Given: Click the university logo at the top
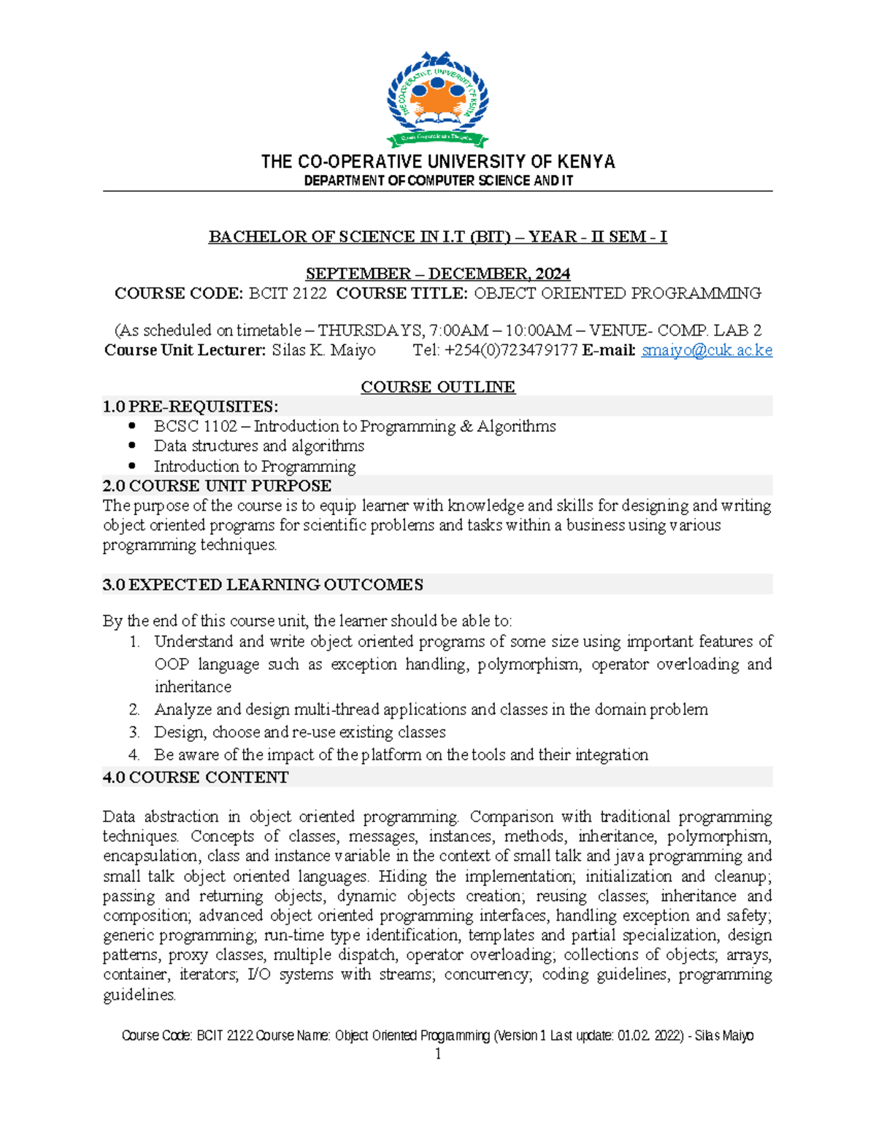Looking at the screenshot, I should pos(437,99).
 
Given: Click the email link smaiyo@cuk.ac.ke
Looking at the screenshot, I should pos(706,350).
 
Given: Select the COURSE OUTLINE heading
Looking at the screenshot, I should pos(437,387).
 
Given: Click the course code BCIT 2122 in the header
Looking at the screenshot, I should pos(288,293).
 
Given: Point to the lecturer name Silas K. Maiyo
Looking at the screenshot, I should pos(323,350).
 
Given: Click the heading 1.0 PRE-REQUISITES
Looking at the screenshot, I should pos(191,406).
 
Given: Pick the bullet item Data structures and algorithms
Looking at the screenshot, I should pos(258,446).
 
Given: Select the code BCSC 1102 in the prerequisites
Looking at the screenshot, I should pos(195,426).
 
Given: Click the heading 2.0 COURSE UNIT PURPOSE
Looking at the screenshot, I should pos(217,486).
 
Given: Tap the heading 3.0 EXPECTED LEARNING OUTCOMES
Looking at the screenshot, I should pos(263,584).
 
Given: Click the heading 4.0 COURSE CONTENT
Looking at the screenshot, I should pos(196,777).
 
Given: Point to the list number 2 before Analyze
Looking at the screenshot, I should pos(134,709).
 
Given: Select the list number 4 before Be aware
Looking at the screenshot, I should pos(134,754).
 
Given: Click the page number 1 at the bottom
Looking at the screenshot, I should pos(437,1054).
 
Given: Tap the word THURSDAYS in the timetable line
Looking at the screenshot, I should pos(368,330).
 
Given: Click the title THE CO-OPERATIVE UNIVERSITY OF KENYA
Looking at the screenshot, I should pos(437,161).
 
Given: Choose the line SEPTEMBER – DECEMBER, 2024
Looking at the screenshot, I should pos(437,274).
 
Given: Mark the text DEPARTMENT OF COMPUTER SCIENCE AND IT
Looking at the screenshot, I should pos(437,180).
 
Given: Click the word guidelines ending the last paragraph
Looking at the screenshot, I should pos(139,994).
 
